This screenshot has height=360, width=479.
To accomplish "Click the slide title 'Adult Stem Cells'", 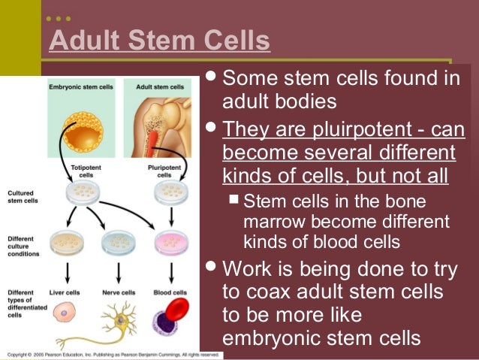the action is click(x=159, y=41).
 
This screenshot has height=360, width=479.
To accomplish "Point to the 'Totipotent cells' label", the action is click(x=80, y=171).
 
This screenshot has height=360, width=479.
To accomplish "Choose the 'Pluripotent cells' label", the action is click(x=164, y=171).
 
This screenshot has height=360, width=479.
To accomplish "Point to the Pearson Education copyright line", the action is click(x=113, y=354).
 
